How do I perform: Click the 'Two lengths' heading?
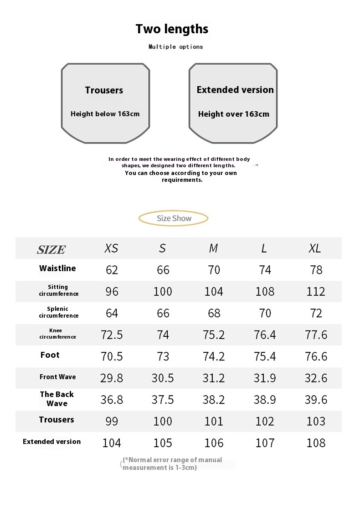click(172, 29)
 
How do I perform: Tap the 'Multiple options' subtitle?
click(175, 46)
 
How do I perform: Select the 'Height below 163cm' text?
click(105, 114)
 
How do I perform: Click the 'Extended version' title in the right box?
click(235, 90)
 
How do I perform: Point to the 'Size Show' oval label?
click(174, 218)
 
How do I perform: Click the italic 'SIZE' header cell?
click(51, 249)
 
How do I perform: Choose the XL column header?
click(315, 248)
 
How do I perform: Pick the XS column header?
click(111, 248)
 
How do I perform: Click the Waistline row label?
click(57, 268)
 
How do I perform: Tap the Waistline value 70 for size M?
click(214, 270)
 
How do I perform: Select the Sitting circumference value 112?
click(316, 292)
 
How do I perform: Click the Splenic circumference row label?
click(58, 312)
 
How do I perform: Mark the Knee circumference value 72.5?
click(112, 335)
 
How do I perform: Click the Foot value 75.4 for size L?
click(265, 356)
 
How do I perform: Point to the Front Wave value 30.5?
click(163, 378)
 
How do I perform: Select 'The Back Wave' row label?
click(57, 399)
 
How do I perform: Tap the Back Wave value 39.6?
click(316, 400)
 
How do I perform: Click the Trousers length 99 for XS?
click(112, 422)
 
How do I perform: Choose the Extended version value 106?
click(214, 443)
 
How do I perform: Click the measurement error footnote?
click(172, 464)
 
